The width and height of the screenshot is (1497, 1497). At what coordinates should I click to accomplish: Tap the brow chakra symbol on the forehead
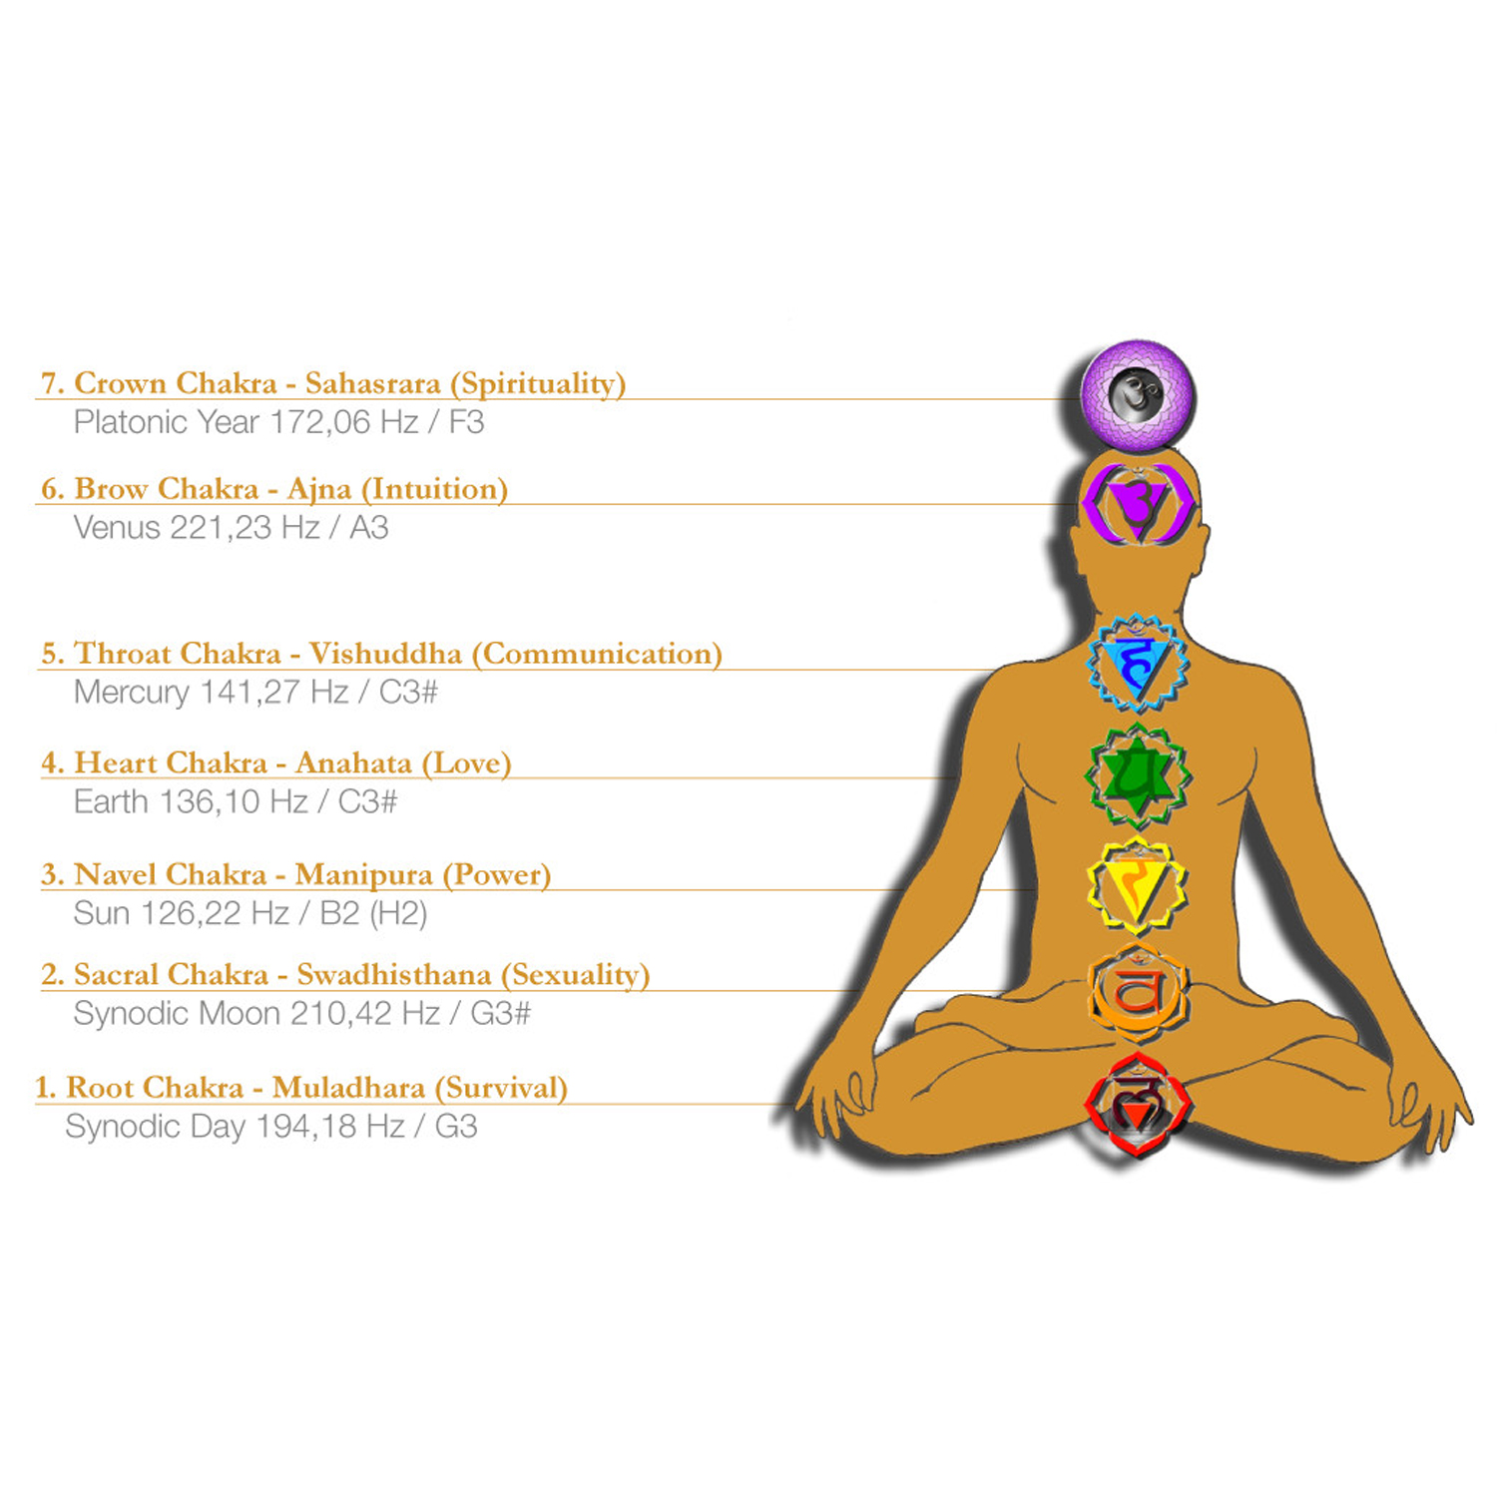tap(1138, 504)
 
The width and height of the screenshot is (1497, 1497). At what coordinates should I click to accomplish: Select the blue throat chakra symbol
tap(1137, 663)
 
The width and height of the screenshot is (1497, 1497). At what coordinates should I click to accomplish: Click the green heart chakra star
tap(1138, 776)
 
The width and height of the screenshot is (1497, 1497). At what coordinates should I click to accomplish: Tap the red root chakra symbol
tap(1137, 1104)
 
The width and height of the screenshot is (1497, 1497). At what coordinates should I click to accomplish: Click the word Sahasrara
tap(372, 383)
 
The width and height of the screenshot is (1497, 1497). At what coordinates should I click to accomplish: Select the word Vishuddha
tap(385, 654)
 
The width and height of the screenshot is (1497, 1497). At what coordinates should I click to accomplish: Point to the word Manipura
tap(363, 875)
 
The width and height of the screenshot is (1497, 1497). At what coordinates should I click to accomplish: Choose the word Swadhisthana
tap(394, 975)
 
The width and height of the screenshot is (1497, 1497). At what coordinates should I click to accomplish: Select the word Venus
tap(117, 528)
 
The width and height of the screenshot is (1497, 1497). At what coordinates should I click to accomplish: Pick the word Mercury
tap(131, 693)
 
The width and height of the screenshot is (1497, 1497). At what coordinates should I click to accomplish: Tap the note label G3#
tap(500, 1014)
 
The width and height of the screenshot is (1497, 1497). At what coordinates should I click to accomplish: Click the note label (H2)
tap(398, 914)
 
